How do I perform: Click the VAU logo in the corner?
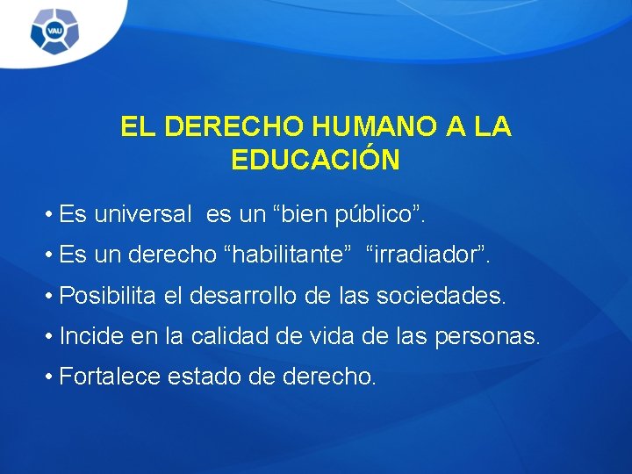point(54,32)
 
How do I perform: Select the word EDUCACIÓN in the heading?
point(315,160)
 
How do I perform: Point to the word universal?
point(142,213)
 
